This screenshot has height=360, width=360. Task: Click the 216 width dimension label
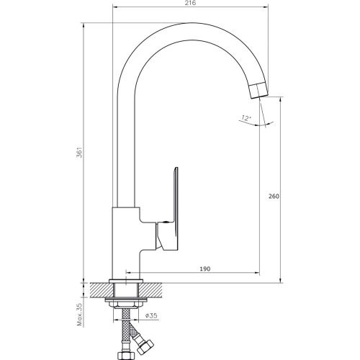[x=191, y=3]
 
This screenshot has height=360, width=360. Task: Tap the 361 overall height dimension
[x=81, y=152]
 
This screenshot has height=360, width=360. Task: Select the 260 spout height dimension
[x=274, y=196]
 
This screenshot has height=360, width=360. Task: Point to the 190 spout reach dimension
[x=205, y=269]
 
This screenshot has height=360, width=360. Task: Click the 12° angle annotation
[x=246, y=118]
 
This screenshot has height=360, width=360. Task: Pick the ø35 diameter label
[x=151, y=315]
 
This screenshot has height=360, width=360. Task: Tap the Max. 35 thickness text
[x=80, y=315]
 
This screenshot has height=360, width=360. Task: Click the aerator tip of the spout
[x=258, y=90]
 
